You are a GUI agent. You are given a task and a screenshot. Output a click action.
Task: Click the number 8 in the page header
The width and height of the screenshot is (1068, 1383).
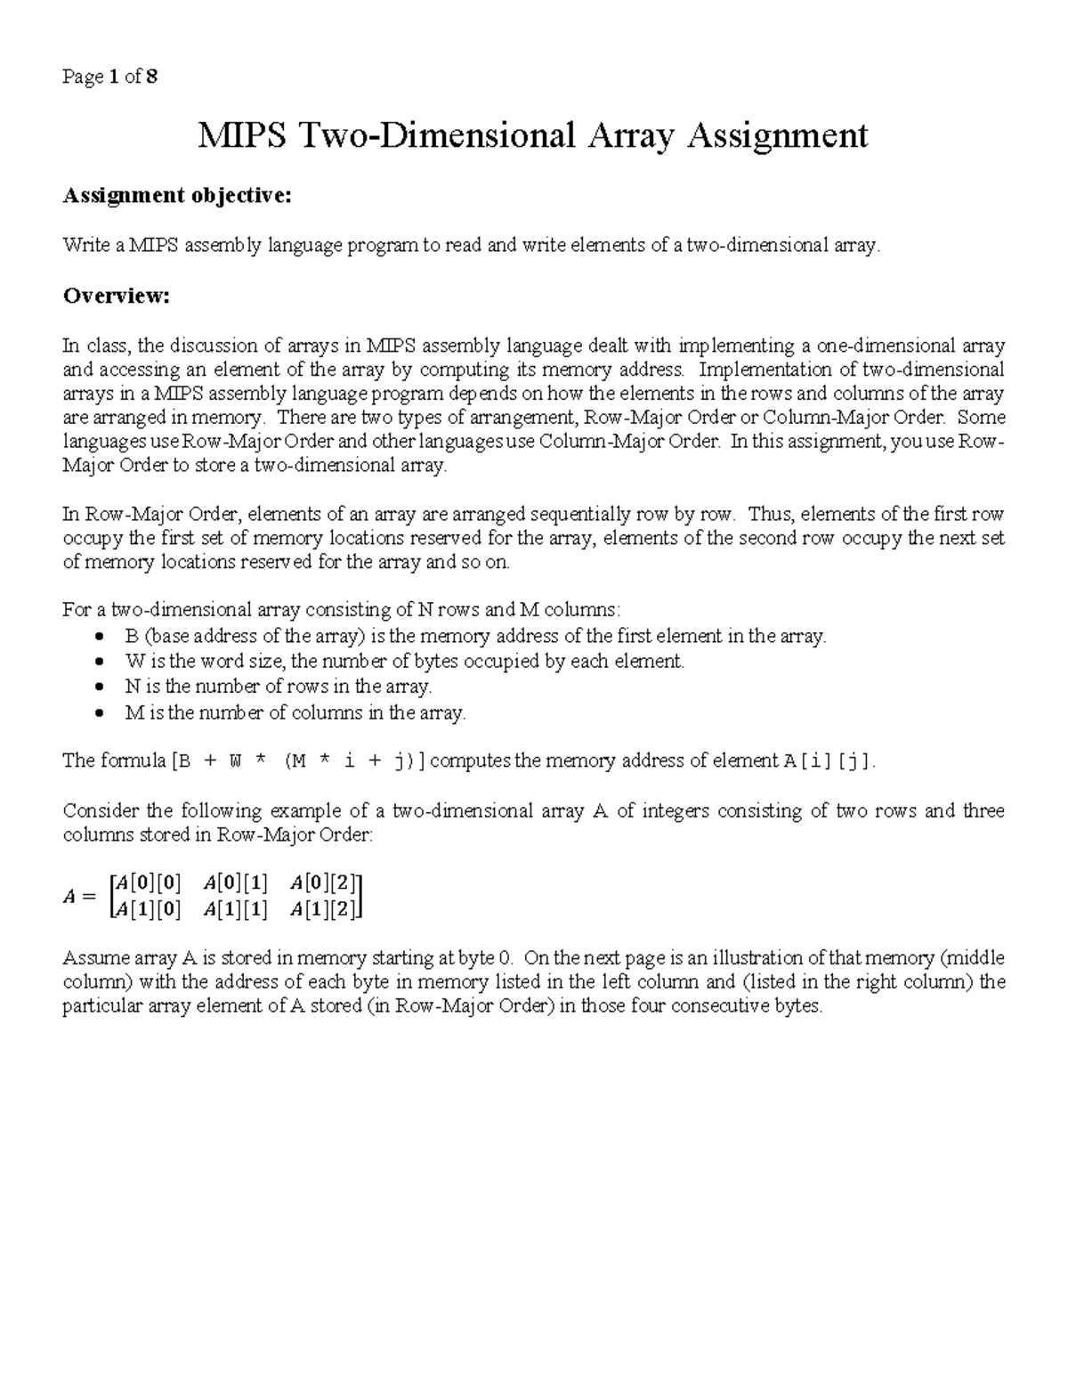click(x=153, y=77)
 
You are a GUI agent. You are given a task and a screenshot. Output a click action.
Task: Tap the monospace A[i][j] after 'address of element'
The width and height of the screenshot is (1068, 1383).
click(x=827, y=761)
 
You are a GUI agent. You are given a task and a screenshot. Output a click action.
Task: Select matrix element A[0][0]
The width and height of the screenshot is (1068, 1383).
click(x=150, y=883)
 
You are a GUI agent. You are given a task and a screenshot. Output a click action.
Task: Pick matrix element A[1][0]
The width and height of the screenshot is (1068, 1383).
click(x=150, y=909)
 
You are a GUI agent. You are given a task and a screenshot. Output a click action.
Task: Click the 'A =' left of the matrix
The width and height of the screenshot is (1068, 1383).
click(x=78, y=897)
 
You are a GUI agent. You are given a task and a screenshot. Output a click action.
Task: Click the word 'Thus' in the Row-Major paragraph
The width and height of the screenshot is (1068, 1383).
click(x=766, y=514)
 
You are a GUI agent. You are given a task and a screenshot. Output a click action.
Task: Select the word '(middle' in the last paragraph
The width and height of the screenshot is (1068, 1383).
click(x=972, y=958)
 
